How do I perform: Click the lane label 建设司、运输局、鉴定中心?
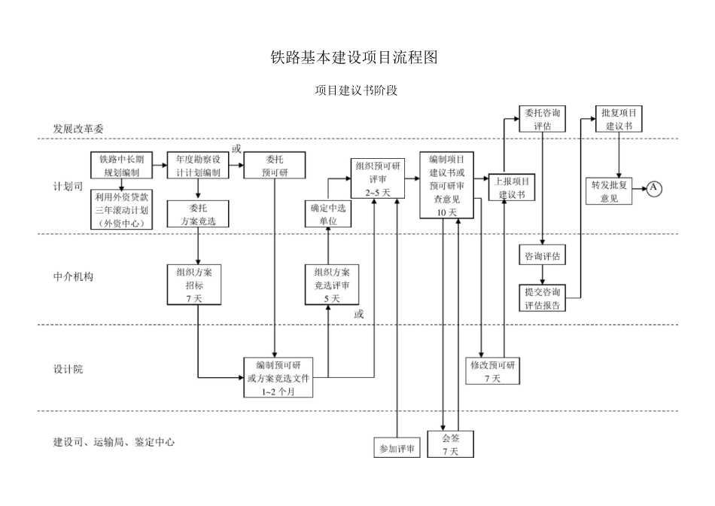pos(114,442)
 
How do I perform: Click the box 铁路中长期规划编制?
pos(121,166)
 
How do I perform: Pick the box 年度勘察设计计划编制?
pos(198,166)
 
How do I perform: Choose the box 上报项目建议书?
pos(512,187)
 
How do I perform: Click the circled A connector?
pos(654,187)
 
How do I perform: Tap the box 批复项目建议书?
pos(619,120)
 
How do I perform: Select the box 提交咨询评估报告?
pos(542,298)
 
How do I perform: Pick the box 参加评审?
pos(397,447)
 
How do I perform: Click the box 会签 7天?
pos(450,444)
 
